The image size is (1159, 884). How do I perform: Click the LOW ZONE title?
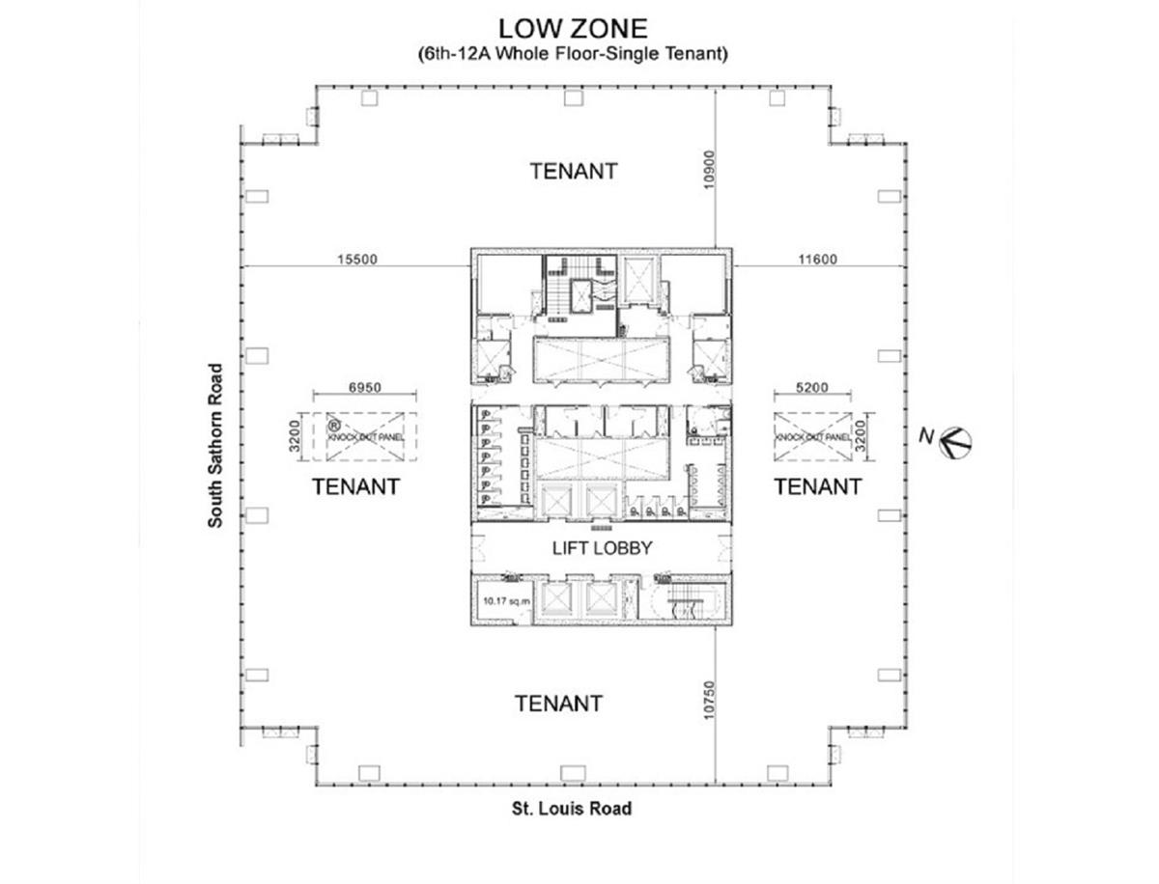coord(573,29)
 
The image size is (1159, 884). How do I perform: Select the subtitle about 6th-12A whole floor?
coord(573,54)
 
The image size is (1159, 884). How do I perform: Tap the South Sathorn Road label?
coord(215,445)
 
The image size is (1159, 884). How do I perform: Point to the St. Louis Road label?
coord(572,809)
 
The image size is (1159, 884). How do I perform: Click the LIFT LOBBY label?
coord(602,548)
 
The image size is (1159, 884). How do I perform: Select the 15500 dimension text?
coord(357,259)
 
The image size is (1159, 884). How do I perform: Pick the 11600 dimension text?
coord(817,259)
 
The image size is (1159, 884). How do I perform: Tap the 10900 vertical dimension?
coord(709,169)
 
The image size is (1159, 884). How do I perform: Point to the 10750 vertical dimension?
coord(709,700)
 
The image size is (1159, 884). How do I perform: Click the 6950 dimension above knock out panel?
coord(364,387)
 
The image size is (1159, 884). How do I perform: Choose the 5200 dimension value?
coord(811,387)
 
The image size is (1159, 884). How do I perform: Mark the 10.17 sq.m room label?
coord(506,601)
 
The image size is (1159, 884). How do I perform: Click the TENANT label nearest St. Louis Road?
coord(558,704)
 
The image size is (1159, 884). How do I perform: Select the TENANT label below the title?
coord(574,171)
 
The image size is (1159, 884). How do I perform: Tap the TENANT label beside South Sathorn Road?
coord(355,486)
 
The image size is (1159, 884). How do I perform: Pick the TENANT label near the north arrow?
coord(818,486)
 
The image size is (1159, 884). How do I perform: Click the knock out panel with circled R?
coord(364,437)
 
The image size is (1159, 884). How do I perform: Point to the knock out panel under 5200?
coord(812,437)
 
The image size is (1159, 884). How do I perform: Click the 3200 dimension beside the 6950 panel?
coord(295,436)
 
